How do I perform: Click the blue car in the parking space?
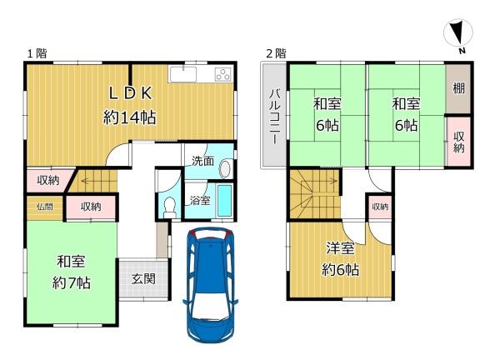coord(211,284)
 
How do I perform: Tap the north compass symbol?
coord(458,34)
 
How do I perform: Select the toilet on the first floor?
coord(170,207)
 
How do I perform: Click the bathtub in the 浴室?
coord(224,201)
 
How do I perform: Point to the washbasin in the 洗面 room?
coord(225,169)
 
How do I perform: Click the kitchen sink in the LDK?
coord(183,74)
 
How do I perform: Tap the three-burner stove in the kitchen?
coord(223,75)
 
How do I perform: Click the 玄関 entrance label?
coord(143,279)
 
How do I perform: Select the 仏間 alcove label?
coord(45,207)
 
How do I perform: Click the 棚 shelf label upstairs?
coord(458,88)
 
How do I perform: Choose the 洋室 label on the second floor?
coord(340,248)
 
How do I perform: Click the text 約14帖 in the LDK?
coord(130,117)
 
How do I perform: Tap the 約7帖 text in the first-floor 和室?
coord(72,283)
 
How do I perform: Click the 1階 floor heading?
coord(37,53)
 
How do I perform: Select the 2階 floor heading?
coord(276,53)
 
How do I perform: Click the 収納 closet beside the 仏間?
coord(91,207)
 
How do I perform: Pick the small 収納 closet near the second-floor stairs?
coord(380,207)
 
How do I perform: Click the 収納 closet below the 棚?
coord(458,142)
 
